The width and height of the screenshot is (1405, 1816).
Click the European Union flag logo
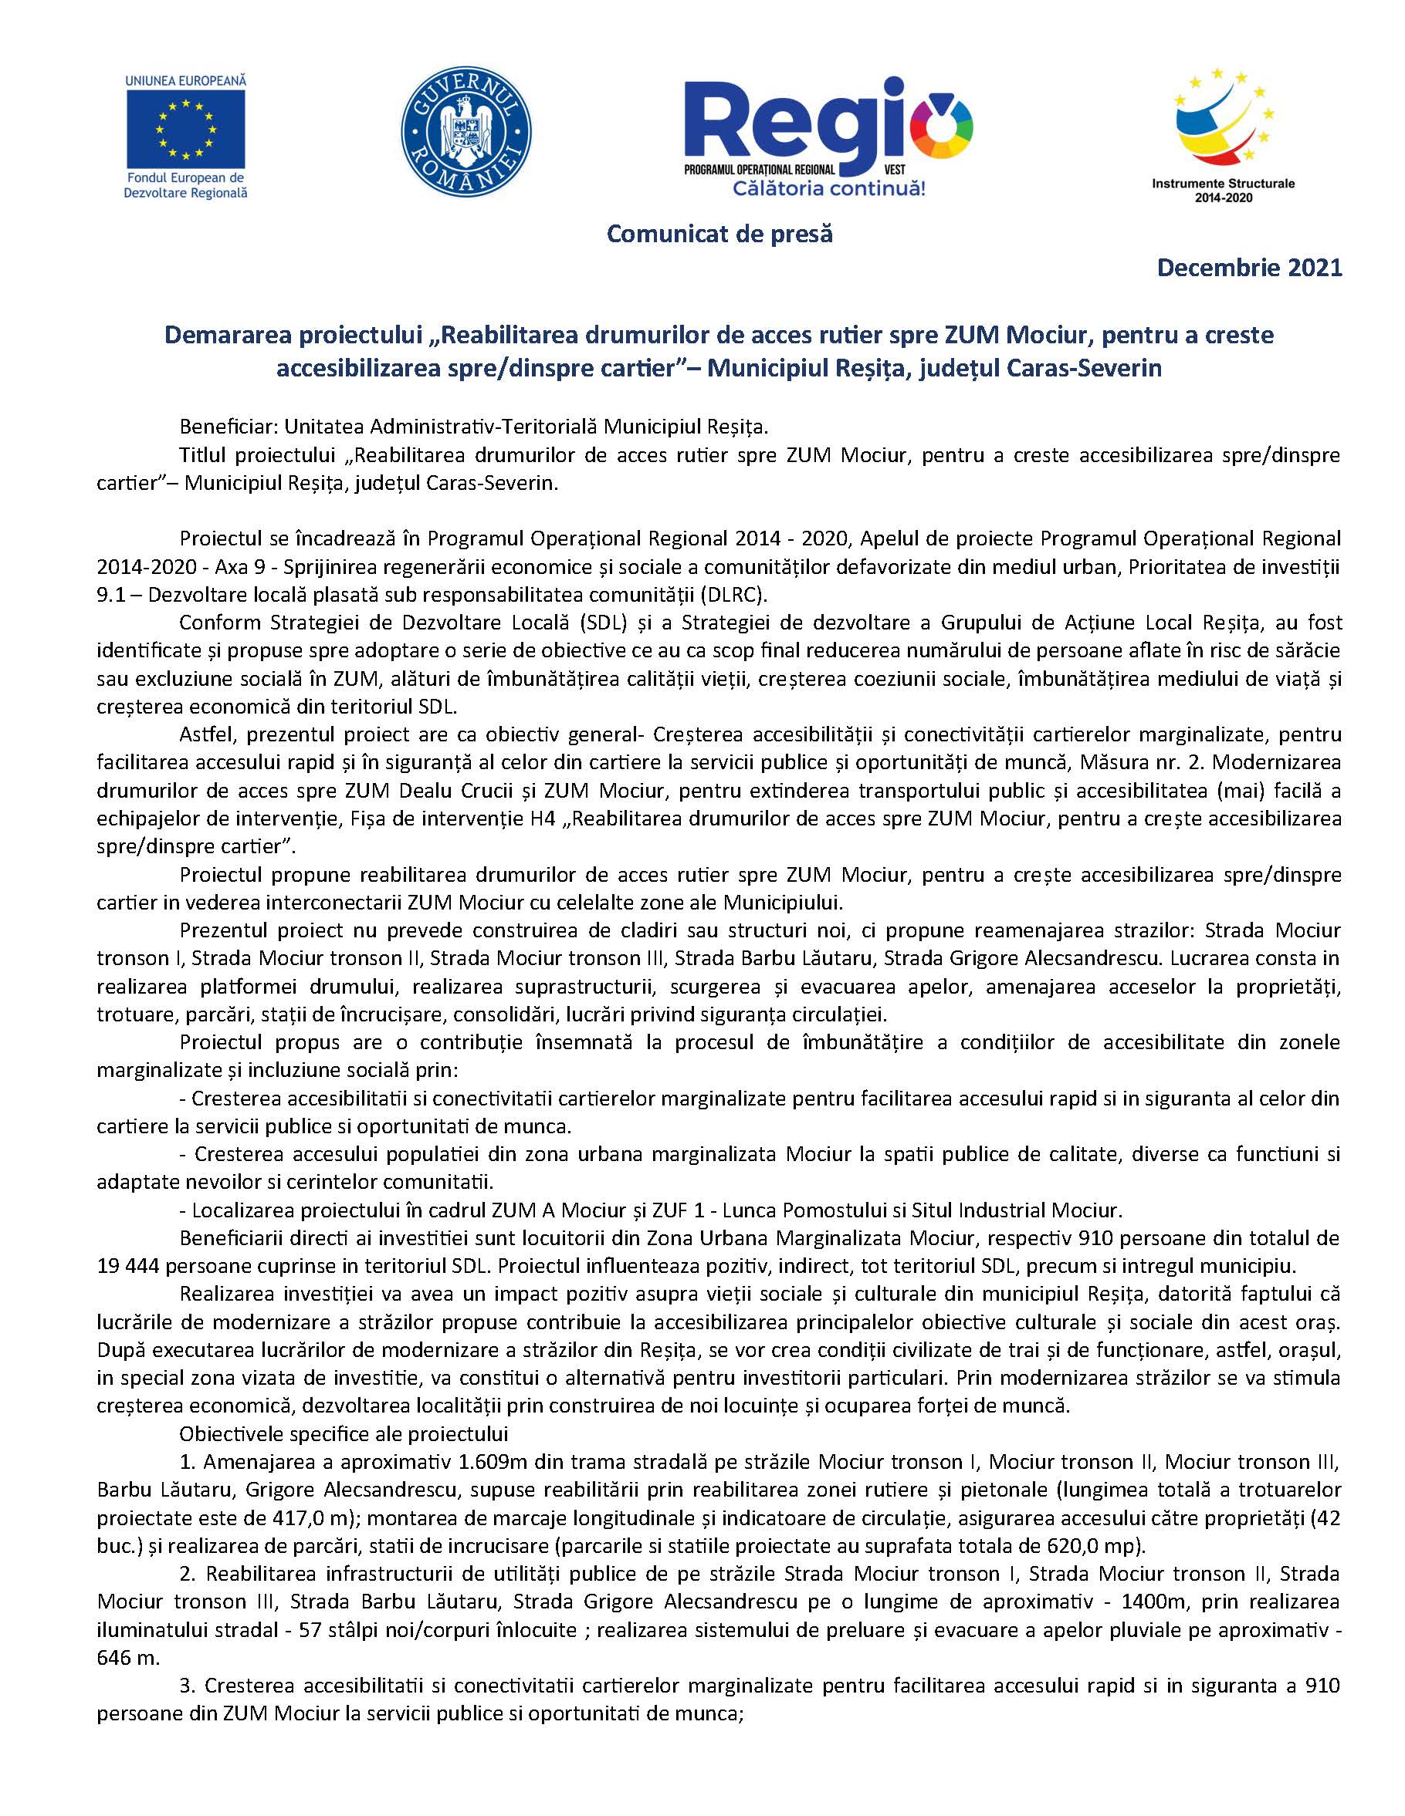coord(185,128)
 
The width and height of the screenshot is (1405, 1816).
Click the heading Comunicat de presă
coord(719,235)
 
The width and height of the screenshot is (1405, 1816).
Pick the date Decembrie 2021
coord(1249,268)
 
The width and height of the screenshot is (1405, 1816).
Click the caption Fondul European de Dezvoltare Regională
coord(185,184)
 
